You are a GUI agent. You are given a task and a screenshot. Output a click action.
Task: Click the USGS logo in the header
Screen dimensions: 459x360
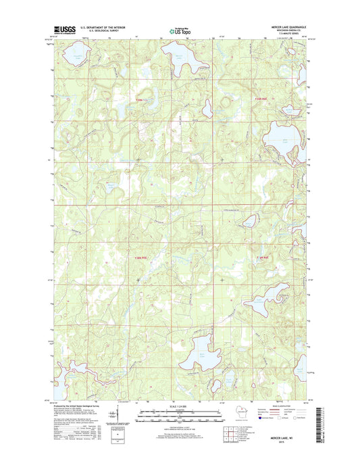[64, 30]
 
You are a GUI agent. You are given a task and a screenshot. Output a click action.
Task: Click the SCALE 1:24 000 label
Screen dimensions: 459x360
[180, 406]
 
